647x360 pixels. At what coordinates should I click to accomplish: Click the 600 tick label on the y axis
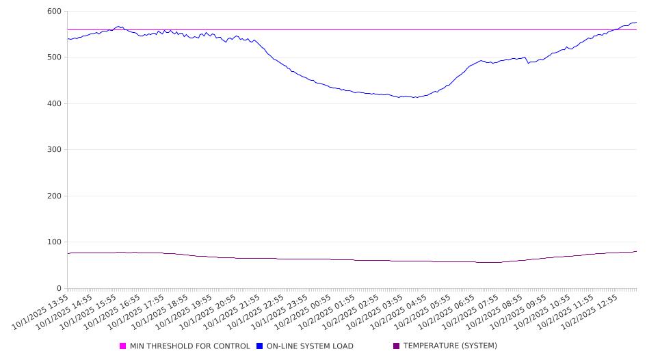54,12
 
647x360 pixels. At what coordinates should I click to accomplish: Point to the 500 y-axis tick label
54,57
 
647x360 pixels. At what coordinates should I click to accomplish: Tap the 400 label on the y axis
54,104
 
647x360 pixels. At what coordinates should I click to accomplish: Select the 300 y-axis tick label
54,150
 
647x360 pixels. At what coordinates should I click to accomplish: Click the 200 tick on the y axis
54,196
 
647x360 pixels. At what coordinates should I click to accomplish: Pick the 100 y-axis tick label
54,242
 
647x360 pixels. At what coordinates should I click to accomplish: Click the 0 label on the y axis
59,288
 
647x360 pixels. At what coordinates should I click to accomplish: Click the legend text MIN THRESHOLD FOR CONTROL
189,346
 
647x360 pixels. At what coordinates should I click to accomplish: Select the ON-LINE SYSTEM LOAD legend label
309,346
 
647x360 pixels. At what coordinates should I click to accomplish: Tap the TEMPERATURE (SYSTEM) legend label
450,346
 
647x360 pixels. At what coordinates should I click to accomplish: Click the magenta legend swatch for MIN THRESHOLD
123,346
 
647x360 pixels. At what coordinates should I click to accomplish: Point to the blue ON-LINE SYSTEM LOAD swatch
260,346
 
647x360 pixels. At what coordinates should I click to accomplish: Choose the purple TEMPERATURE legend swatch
397,346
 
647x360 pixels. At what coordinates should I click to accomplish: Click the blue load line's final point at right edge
636,22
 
